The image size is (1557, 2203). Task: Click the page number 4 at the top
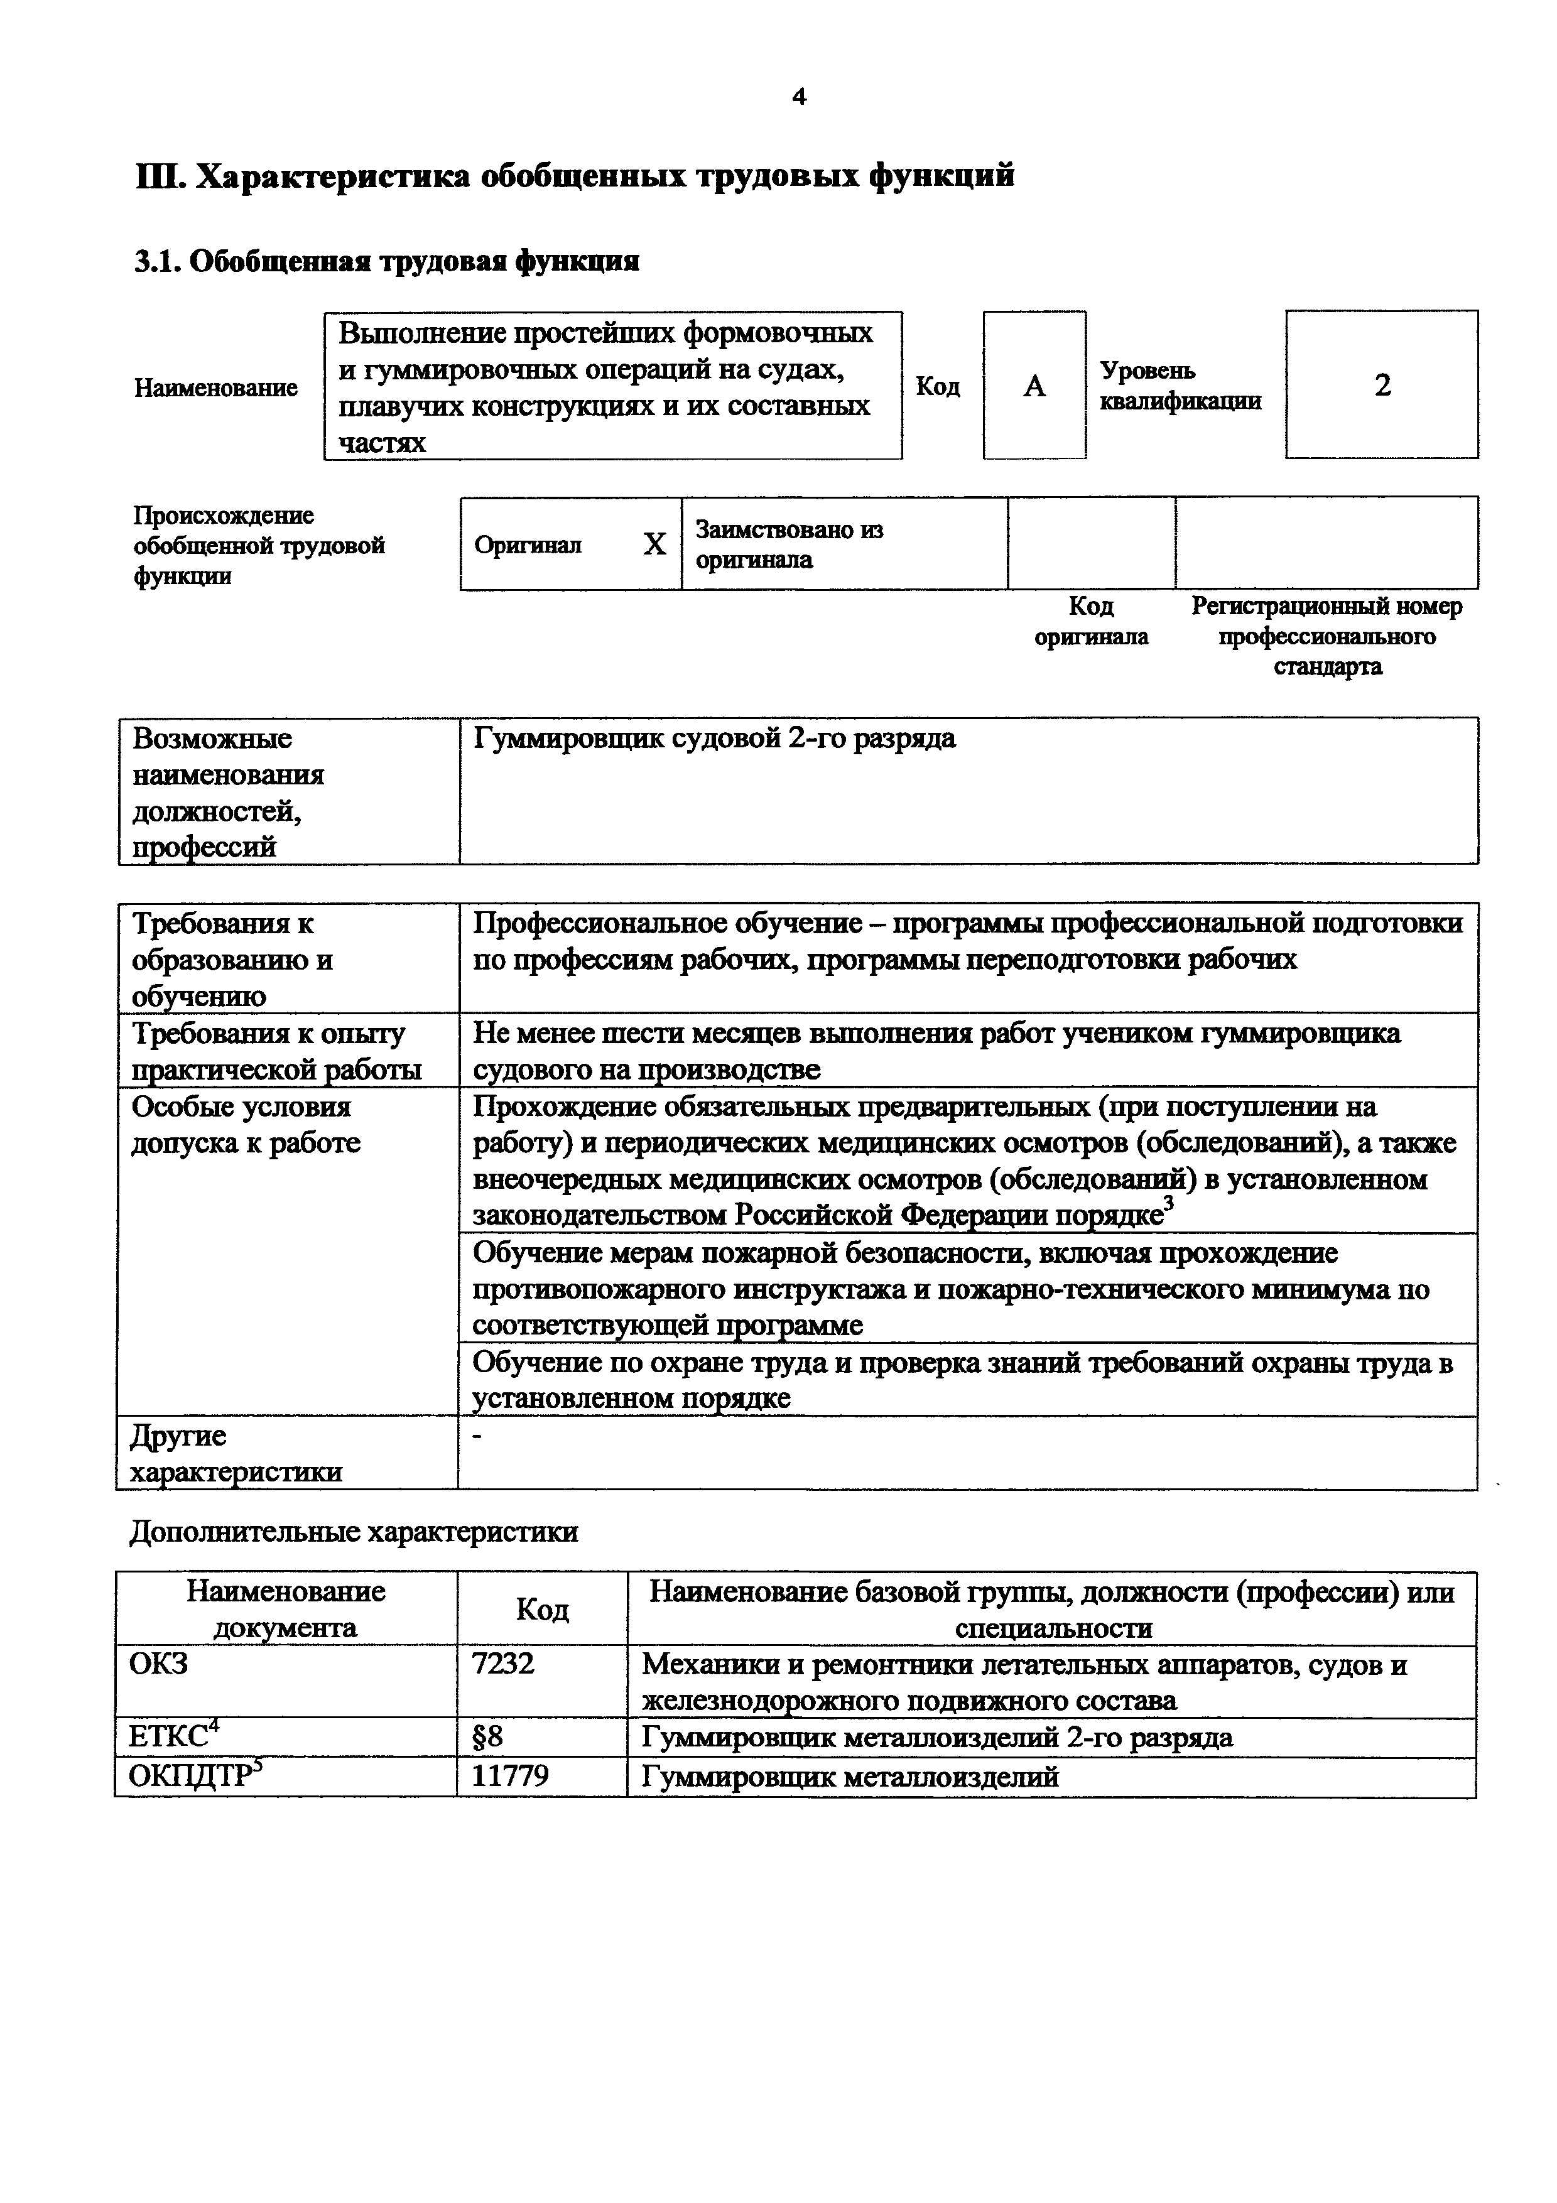pos(799,97)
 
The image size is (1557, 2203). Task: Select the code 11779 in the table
pos(511,1776)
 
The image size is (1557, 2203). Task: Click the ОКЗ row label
pos(158,1663)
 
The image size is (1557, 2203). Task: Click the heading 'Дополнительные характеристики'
pos(353,1531)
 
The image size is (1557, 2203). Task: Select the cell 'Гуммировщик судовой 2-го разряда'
pos(715,739)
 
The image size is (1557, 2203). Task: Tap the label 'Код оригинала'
pos(1091,622)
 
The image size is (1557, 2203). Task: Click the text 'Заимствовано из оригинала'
pos(789,544)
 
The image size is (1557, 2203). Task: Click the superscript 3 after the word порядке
pos(1168,1203)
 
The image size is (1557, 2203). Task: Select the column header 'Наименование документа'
pos(286,1609)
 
